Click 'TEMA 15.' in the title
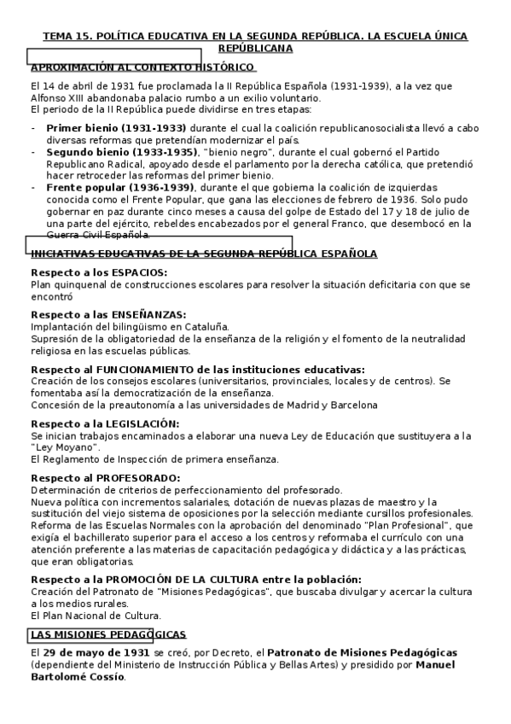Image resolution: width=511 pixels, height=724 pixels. pos(66,37)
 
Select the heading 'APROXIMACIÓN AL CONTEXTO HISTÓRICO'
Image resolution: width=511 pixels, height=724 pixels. pos(142,67)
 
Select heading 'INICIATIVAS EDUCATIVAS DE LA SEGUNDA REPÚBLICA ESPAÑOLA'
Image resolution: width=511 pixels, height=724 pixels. pos(204,254)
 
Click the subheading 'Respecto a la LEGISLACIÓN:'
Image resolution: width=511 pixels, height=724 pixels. pos(105,423)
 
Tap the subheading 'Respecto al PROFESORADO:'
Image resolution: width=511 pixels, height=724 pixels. pos(105,477)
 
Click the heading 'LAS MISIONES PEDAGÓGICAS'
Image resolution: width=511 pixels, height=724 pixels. pos(108,634)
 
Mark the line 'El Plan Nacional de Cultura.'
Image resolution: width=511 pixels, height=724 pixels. pos(95,614)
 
